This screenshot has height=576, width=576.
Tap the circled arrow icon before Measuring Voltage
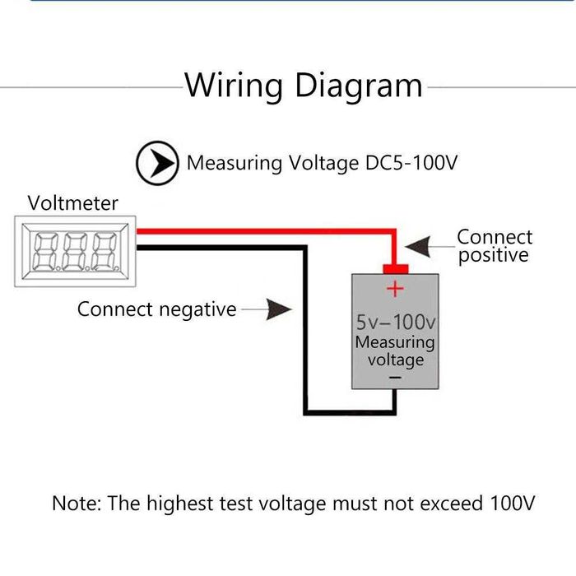click(x=156, y=164)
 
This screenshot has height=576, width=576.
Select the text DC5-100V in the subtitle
click(x=410, y=163)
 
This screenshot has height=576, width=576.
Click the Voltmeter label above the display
click(x=72, y=203)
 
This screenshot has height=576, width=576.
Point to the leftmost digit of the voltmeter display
click(x=44, y=252)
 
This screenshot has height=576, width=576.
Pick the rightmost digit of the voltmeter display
click(x=104, y=252)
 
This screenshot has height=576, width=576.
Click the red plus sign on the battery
click(x=396, y=289)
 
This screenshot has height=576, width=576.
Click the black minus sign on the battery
click(x=395, y=377)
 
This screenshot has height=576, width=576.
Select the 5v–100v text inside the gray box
click(x=396, y=321)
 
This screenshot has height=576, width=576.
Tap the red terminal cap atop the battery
click(x=396, y=268)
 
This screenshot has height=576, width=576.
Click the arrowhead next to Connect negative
click(x=280, y=309)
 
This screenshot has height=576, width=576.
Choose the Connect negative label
click(x=156, y=309)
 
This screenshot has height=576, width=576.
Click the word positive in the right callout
click(x=494, y=256)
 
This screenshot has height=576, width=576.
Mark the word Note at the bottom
click(x=75, y=503)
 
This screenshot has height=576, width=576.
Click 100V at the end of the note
click(x=512, y=503)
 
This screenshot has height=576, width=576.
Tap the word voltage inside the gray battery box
click(x=396, y=360)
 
